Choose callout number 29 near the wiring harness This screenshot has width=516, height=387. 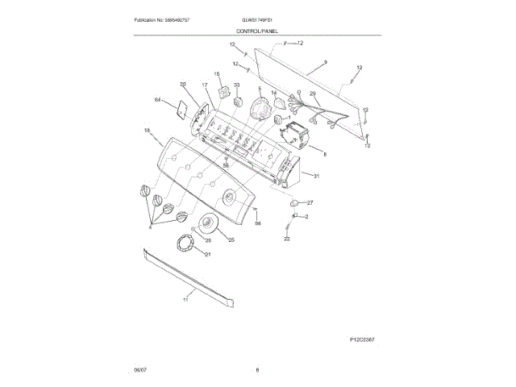point(313,94)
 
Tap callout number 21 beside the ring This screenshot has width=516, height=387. point(207,255)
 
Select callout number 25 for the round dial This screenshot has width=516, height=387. point(231,239)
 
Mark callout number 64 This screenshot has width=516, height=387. point(158,100)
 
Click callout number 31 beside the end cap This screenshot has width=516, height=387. point(317,176)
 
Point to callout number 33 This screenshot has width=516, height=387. point(237,85)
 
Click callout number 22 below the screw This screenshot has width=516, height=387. point(287,239)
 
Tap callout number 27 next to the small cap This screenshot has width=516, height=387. point(309,202)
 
